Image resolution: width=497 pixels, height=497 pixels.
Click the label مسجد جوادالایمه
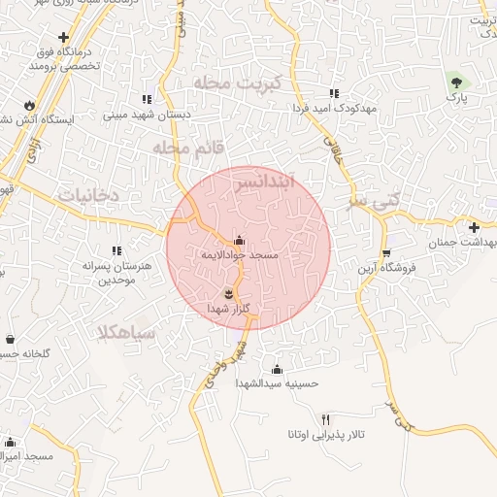click(240, 254)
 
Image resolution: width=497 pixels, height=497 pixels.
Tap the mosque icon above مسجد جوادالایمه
click(240, 240)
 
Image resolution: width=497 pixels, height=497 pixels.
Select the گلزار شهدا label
click(229, 308)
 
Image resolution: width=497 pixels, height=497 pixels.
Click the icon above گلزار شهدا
click(229, 293)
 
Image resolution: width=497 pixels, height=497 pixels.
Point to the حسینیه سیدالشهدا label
click(277, 383)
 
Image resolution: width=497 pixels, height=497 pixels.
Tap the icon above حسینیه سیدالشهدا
click(277, 369)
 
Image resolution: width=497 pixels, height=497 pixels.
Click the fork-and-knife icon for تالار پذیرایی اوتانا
click(325, 418)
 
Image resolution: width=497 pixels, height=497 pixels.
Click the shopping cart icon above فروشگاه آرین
click(386, 252)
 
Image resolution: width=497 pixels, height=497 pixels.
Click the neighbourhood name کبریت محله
click(238, 83)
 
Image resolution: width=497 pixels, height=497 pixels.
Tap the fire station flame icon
click(29, 104)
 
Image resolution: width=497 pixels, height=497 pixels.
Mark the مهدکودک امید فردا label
click(333, 108)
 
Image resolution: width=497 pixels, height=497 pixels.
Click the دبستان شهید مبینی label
click(147, 113)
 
